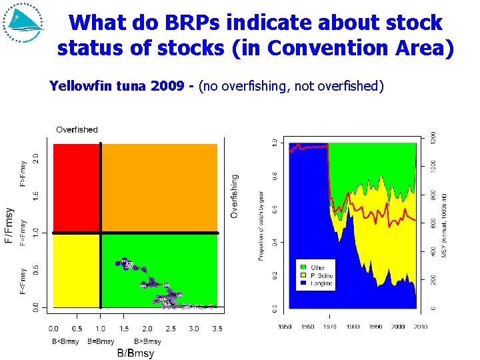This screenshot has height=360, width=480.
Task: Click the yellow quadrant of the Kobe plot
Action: [x=76, y=270]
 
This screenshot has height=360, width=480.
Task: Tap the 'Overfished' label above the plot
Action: [x=77, y=129]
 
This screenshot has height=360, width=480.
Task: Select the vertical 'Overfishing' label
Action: [x=235, y=196]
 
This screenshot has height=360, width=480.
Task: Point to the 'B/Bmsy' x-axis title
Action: [x=135, y=353]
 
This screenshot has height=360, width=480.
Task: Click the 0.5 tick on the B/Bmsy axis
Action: [x=77, y=329]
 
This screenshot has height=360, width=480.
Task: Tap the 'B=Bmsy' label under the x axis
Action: [x=101, y=341]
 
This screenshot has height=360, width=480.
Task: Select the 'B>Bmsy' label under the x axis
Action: [x=148, y=341]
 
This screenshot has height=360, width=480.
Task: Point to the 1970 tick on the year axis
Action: [x=330, y=326]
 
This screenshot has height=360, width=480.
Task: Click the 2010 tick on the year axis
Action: [x=420, y=326]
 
